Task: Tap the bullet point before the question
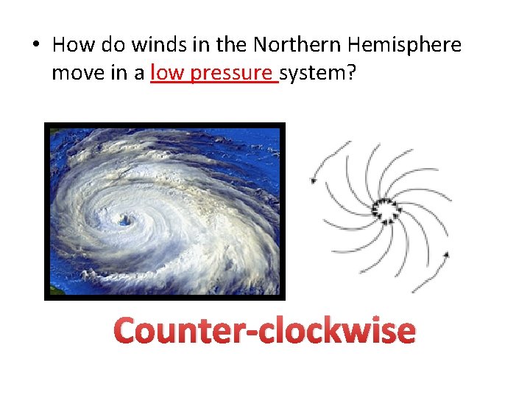(35, 46)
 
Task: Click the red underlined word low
(166, 74)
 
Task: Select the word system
(309, 74)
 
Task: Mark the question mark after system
(344, 74)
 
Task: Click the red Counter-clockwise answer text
(265, 330)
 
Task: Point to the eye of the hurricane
(124, 219)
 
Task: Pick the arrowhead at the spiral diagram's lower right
(446, 255)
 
